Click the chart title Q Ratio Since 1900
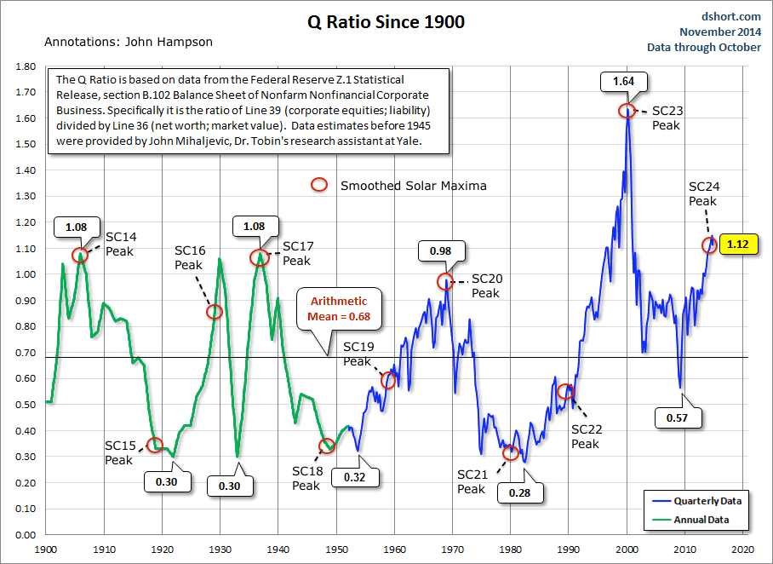pyautogui.click(x=386, y=22)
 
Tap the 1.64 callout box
pyautogui.click(x=625, y=82)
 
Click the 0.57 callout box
pyautogui.click(x=679, y=417)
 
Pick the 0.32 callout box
pyautogui.click(x=353, y=477)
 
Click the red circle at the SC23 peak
pyautogui.click(x=626, y=111)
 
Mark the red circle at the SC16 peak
pyautogui.click(x=215, y=312)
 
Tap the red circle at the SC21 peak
pyautogui.click(x=510, y=453)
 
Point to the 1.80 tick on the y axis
pyautogui.click(x=25, y=66)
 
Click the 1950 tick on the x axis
pyautogui.click(x=336, y=550)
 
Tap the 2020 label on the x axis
pyautogui.click(x=743, y=550)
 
